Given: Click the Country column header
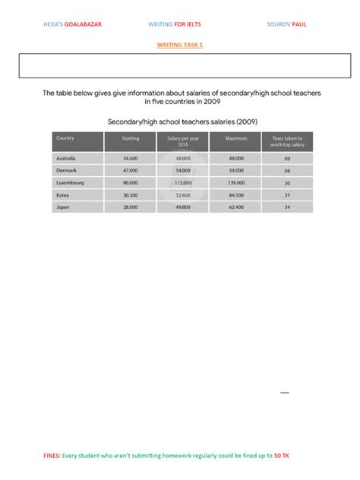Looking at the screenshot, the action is pyautogui.click(x=66, y=138).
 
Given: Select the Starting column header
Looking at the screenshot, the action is pyautogui.click(x=131, y=138).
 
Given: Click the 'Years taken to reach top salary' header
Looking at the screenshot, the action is pyautogui.click(x=287, y=141).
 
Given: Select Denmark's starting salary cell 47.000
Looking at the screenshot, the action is pyautogui.click(x=131, y=171).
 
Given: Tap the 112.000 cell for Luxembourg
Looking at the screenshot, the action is pyautogui.click(x=182, y=183).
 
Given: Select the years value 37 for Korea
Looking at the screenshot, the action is pyautogui.click(x=287, y=194).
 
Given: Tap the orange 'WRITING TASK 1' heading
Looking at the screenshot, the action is pyautogui.click(x=180, y=45).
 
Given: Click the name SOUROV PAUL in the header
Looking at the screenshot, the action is pyautogui.click(x=287, y=24).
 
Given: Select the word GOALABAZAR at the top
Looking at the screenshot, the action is pyautogui.click(x=84, y=24).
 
